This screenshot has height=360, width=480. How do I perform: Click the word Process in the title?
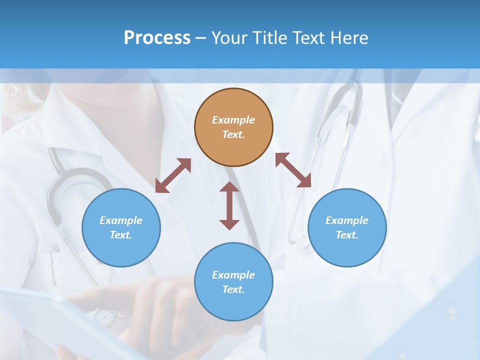(x=157, y=38)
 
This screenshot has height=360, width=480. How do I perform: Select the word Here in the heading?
(x=350, y=38)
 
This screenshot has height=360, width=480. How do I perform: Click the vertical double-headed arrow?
(x=229, y=206)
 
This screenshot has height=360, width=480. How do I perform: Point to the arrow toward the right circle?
(x=293, y=170)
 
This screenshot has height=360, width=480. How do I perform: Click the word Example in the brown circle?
(x=233, y=120)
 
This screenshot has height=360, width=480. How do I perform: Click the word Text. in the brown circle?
(x=233, y=134)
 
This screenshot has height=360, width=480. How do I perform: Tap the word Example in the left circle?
(x=121, y=220)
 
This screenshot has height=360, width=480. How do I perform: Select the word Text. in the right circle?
(x=347, y=235)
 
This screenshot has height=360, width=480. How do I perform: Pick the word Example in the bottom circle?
(x=233, y=275)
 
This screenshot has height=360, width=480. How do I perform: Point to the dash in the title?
(x=201, y=38)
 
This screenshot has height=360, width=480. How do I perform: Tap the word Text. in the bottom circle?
(x=233, y=289)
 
